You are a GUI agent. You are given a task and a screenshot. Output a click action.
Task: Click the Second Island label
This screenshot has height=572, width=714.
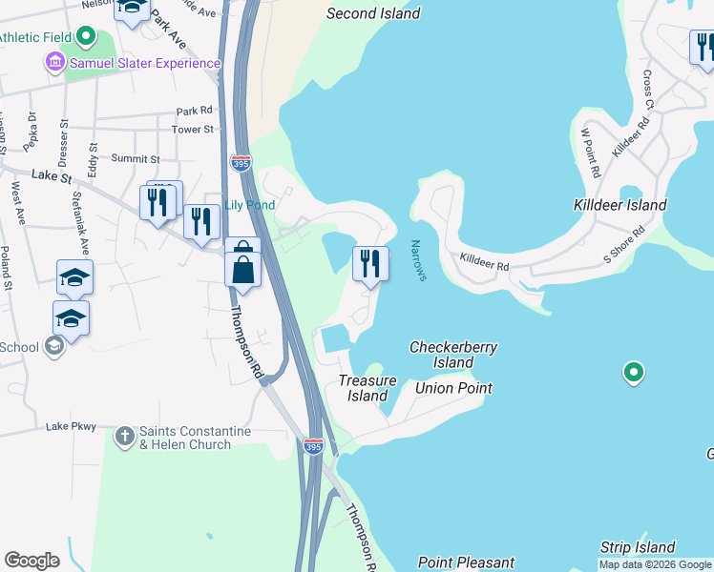click(x=372, y=13)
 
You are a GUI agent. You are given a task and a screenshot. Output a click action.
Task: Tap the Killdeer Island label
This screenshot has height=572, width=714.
click(x=619, y=205)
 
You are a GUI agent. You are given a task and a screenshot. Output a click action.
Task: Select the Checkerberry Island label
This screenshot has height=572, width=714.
click(x=452, y=355)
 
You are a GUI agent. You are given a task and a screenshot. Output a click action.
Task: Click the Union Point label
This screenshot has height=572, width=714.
click(x=453, y=388)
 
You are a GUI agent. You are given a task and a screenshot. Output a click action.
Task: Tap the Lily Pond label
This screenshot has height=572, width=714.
click(x=249, y=205)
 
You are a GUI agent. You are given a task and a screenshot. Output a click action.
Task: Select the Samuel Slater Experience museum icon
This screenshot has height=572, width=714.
click(x=54, y=63)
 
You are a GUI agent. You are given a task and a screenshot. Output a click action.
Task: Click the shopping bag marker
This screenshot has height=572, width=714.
click(x=243, y=268)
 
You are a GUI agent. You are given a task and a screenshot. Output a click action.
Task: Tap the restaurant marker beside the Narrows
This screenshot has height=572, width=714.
click(x=370, y=263)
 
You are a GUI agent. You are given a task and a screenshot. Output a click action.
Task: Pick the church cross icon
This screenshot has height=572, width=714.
click(x=124, y=437)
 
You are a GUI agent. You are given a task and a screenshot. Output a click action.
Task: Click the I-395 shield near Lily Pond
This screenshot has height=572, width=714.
click(x=241, y=163)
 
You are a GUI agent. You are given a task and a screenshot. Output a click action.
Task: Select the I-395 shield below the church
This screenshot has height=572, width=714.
click(x=313, y=446)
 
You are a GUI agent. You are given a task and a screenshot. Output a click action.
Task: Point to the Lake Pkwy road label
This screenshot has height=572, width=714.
click(x=71, y=426)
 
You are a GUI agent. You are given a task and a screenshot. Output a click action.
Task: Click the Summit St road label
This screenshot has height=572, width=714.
click(x=134, y=158)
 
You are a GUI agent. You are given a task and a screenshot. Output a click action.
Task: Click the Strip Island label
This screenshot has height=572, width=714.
click(x=637, y=547)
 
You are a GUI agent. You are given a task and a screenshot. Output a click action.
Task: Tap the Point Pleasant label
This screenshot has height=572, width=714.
click(x=466, y=562)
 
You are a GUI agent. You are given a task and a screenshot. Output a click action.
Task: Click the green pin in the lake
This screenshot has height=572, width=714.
click(x=632, y=372)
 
